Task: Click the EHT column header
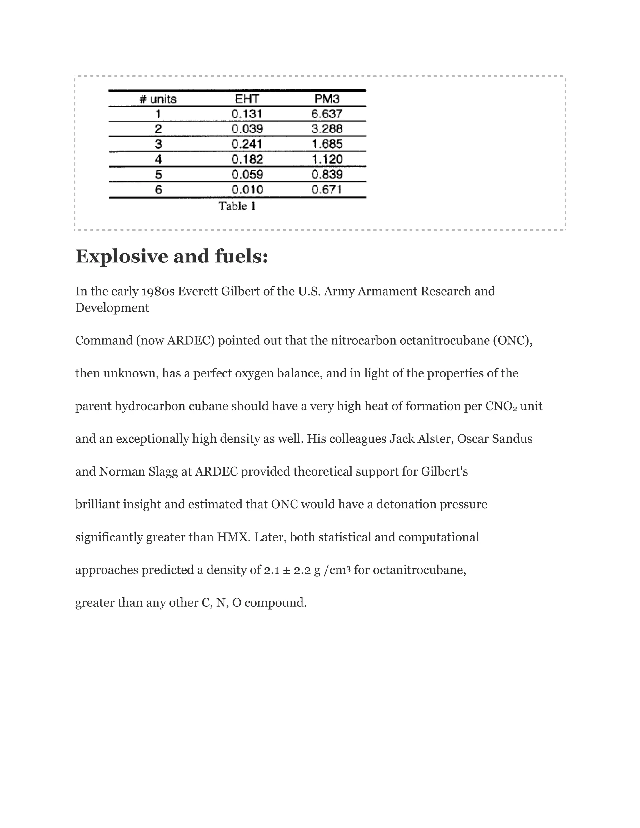[x=247, y=99]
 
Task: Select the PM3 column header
[x=327, y=99]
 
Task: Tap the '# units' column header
[x=158, y=99]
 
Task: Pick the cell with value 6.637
[x=327, y=114]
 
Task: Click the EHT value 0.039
[x=247, y=129]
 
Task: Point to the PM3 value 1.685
[x=327, y=144]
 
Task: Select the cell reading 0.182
[x=247, y=159]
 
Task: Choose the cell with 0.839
[x=327, y=174]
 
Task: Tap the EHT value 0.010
[x=247, y=190]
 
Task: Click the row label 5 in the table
[x=158, y=174]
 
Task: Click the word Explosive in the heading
[x=122, y=256]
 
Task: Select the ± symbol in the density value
[x=287, y=570]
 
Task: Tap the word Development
[x=112, y=307]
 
